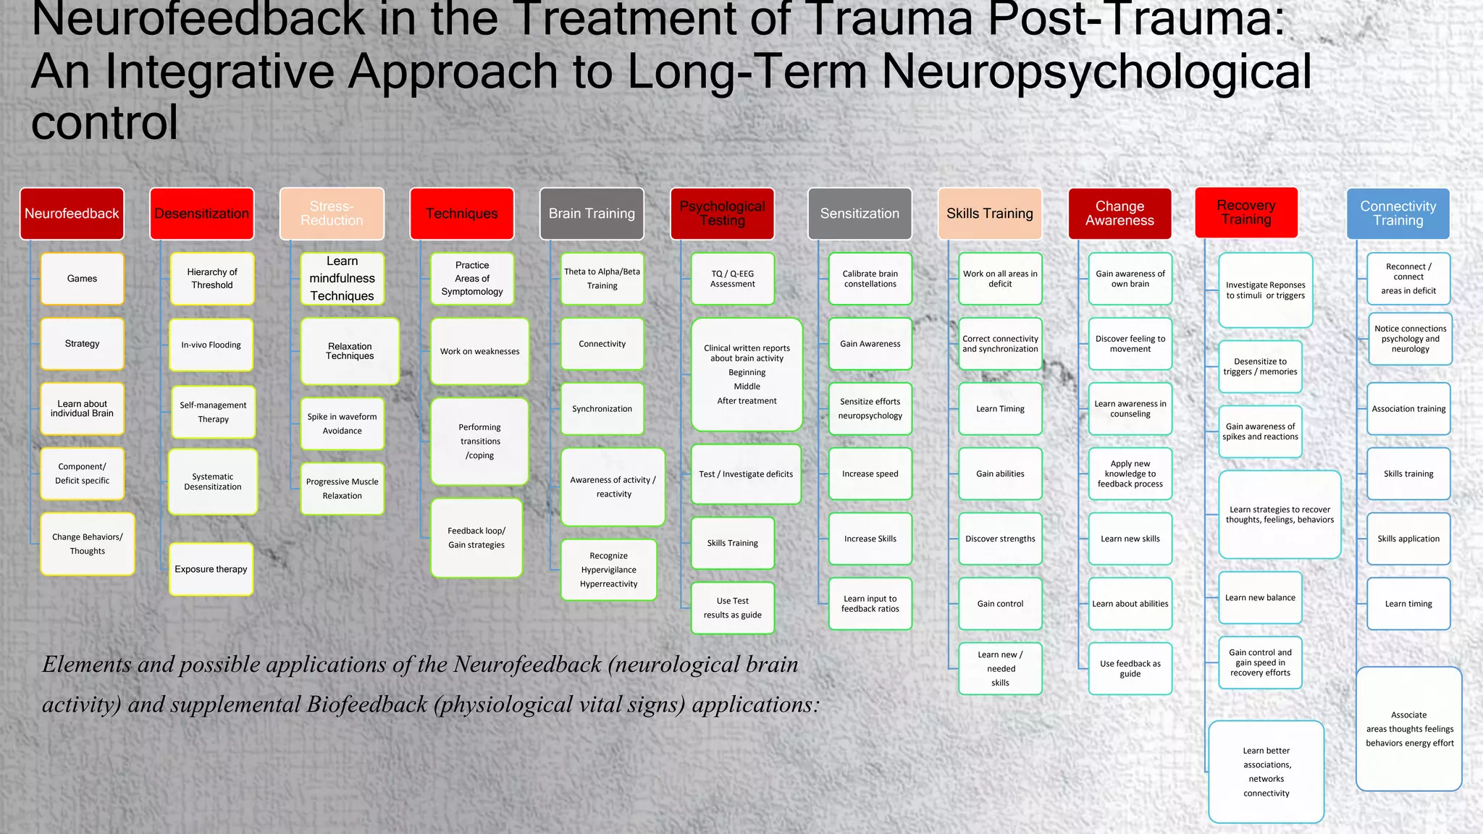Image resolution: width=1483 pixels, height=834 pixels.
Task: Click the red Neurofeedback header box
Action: pyautogui.click(x=72, y=214)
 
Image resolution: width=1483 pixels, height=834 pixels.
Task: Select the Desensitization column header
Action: pyautogui.click(x=201, y=214)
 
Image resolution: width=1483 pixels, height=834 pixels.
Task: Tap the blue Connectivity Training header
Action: pyautogui.click(x=1398, y=214)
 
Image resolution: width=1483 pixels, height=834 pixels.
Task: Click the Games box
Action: pyautogui.click(x=82, y=279)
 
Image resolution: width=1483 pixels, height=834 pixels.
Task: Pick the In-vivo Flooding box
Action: pyautogui.click(x=211, y=345)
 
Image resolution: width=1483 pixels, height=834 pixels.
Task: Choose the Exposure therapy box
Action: pyautogui.click(x=211, y=569)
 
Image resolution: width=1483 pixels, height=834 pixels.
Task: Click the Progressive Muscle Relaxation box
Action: pyautogui.click(x=342, y=489)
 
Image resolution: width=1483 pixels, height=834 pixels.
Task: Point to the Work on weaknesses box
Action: pyautogui.click(x=479, y=351)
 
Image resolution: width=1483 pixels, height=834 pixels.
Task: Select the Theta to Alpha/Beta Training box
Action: pyautogui.click(x=602, y=279)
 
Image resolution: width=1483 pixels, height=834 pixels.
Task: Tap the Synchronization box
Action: pyautogui.click(x=602, y=409)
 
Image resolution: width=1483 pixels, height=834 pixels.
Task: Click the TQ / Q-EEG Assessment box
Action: pyautogui.click(x=732, y=279)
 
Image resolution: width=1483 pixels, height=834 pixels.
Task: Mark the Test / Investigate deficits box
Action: pyautogui.click(x=746, y=474)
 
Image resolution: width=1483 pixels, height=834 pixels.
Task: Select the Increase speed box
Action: pyautogui.click(x=870, y=474)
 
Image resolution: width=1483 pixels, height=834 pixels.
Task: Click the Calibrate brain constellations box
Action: pyautogui.click(x=870, y=279)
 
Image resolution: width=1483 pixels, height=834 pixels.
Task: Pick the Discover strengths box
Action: pyautogui.click(x=1000, y=539)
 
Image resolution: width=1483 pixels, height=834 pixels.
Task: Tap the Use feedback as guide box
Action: pyautogui.click(x=1130, y=668)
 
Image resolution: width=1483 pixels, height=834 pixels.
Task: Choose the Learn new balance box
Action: pyautogui.click(x=1260, y=597)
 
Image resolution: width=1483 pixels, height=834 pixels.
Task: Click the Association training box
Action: pyautogui.click(x=1408, y=409)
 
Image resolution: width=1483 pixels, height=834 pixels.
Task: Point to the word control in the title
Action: pyautogui.click(x=104, y=122)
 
